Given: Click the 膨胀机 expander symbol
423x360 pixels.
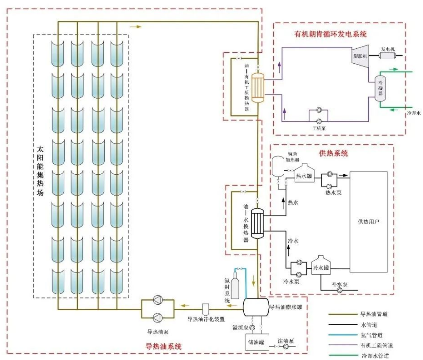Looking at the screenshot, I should [x=359, y=56].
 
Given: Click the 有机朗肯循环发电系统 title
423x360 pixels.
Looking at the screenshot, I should [x=330, y=34].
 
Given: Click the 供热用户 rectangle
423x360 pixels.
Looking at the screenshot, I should [x=369, y=221].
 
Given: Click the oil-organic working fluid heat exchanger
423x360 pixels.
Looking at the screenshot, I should [x=258, y=88].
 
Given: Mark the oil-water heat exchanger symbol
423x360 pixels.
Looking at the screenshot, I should [x=258, y=223].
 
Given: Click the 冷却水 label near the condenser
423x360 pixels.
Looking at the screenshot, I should [x=414, y=113].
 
